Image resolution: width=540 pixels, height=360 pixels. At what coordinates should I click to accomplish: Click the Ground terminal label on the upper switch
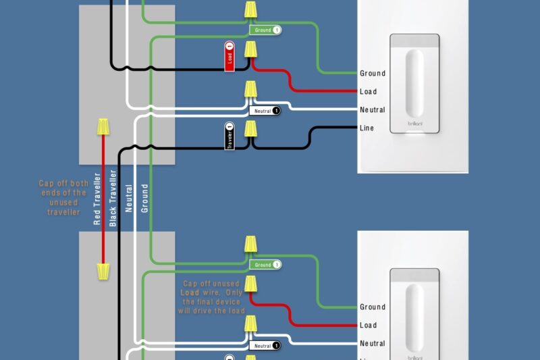click(373, 73)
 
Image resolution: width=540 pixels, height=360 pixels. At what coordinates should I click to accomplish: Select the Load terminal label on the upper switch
click(369, 91)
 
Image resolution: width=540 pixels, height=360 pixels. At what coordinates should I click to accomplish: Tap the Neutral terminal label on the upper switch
click(373, 109)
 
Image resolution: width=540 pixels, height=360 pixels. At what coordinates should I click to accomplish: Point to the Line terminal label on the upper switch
click(367, 128)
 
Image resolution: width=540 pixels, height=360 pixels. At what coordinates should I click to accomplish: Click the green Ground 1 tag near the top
click(265, 30)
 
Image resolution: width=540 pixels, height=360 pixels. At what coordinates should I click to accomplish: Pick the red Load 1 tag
click(230, 57)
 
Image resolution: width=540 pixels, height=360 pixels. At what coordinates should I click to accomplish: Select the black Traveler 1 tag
click(230, 137)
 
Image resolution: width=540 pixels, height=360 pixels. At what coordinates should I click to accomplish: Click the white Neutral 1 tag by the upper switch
click(265, 110)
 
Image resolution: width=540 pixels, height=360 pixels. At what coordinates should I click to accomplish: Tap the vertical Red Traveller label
click(97, 199)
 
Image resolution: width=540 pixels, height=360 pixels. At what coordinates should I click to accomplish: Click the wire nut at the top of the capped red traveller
click(103, 126)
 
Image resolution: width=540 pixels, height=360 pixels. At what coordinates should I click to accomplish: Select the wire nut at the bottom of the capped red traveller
click(103, 272)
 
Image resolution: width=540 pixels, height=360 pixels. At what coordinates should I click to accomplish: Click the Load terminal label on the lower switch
click(369, 325)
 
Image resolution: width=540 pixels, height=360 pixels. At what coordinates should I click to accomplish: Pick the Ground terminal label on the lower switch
click(373, 307)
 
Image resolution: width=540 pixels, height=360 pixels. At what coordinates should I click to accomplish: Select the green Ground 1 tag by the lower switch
click(265, 265)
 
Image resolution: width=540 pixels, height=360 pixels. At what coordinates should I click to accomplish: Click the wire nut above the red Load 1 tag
click(250, 49)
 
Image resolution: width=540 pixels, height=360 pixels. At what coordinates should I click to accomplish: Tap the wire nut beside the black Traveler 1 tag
click(250, 129)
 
